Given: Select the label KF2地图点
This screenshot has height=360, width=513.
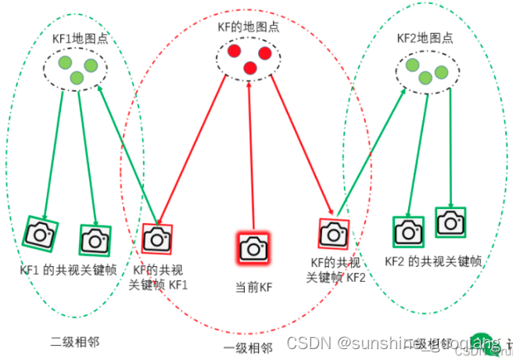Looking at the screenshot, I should pyautogui.click(x=425, y=37).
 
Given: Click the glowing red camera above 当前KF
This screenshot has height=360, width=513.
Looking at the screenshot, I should pyautogui.click(x=252, y=247).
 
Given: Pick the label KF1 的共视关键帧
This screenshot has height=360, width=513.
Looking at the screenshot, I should pyautogui.click(x=68, y=269).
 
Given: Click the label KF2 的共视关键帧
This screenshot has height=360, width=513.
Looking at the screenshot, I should pyautogui.click(x=432, y=261).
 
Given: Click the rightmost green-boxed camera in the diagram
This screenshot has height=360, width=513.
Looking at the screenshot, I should pyautogui.click(x=450, y=222).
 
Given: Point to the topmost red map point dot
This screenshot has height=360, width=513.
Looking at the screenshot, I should pyautogui.click(x=234, y=52).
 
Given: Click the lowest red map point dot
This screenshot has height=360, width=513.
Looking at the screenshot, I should pyautogui.click(x=250, y=68).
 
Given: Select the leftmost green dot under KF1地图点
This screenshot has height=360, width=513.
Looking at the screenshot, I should pyautogui.click(x=65, y=63).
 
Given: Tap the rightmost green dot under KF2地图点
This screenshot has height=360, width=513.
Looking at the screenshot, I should pyautogui.click(x=442, y=72).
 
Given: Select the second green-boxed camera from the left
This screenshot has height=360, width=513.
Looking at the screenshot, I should pyautogui.click(x=95, y=239).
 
